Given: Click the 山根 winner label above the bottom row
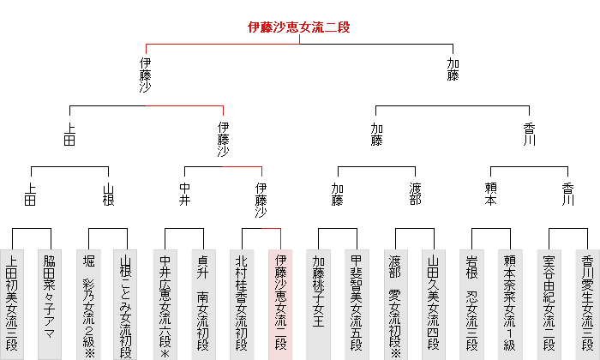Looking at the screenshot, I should pos(108,195).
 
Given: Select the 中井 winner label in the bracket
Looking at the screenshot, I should pos(184,195).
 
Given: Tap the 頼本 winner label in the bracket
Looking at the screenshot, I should pos(491,195).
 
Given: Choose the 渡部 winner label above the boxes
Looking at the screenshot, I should pos(414,195).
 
